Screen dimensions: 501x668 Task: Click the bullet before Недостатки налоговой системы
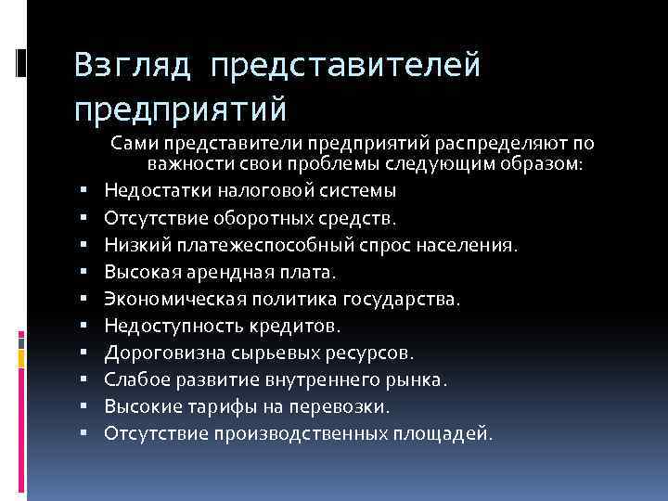coord(84,191)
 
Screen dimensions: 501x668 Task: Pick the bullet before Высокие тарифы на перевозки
coord(84,406)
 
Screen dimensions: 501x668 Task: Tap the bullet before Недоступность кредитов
coord(84,326)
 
